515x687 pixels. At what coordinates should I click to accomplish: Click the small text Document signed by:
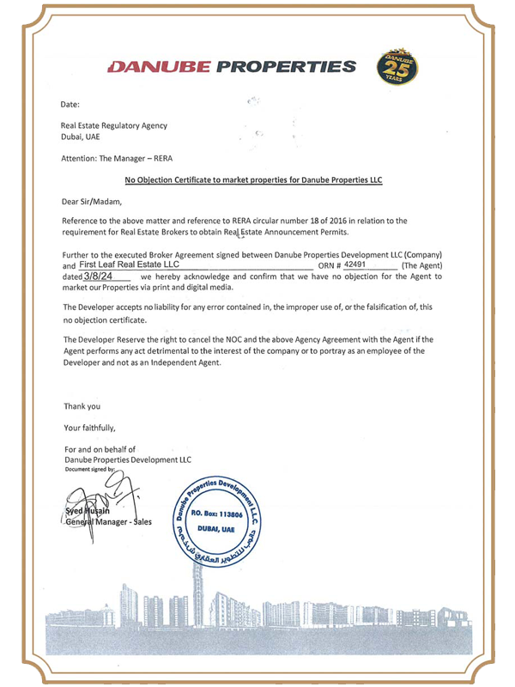(x=94, y=470)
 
